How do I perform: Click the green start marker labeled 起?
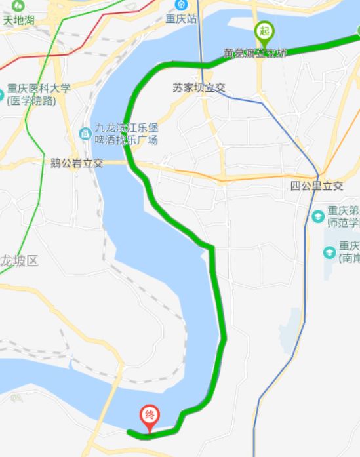pyautogui.click(x=264, y=31)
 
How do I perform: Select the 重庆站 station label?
pyautogui.click(x=182, y=19)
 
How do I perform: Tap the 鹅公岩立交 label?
pyautogui.click(x=77, y=163)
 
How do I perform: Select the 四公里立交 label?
pyautogui.click(x=317, y=186)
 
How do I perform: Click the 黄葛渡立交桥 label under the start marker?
pyautogui.click(x=255, y=52)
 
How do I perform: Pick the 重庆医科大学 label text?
pyautogui.click(x=39, y=89)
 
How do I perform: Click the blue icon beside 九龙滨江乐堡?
pyautogui.click(x=85, y=134)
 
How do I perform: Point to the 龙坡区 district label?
pyautogui.click(x=20, y=261)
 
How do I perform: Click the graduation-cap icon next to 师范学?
pyautogui.click(x=318, y=216)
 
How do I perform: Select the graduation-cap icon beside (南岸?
pyautogui.click(x=329, y=252)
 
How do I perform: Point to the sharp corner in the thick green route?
pyautogui.click(x=212, y=247)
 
